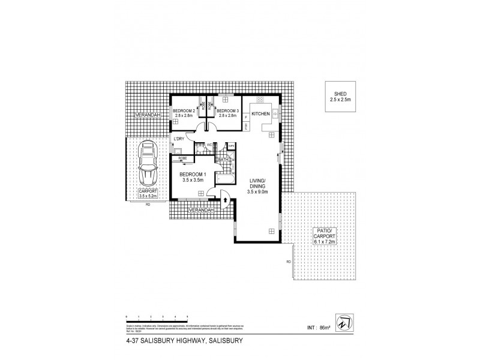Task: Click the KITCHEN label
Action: coord(260,113)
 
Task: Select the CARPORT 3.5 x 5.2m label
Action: coord(146,193)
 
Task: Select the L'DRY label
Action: coord(178,139)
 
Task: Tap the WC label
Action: coord(209,145)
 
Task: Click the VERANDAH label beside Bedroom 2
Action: coord(147,115)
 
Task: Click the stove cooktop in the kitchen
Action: coord(261,100)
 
